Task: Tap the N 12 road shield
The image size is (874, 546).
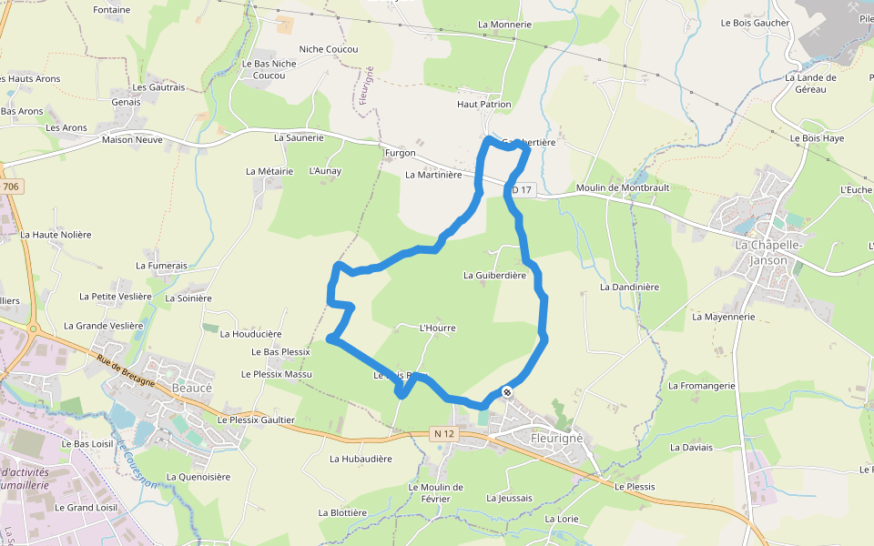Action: click(x=443, y=434)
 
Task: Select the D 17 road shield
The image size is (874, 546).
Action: click(x=521, y=190)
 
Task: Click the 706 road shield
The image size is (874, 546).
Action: click(x=10, y=187)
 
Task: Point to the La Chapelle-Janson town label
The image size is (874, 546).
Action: click(x=767, y=253)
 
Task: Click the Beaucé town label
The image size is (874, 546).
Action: click(x=191, y=387)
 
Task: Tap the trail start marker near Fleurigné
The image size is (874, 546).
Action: click(x=506, y=391)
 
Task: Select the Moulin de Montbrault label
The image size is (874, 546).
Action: click(x=623, y=187)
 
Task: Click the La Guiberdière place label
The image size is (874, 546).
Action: click(x=494, y=275)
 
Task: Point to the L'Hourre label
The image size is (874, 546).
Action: click(x=437, y=328)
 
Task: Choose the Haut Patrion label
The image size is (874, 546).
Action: click(x=483, y=105)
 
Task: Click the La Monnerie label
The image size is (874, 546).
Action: click(x=504, y=25)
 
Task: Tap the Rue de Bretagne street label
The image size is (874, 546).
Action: click(x=125, y=368)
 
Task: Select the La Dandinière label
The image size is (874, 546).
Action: click(x=629, y=287)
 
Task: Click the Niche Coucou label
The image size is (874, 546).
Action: click(x=329, y=49)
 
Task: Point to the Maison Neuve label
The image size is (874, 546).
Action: click(x=132, y=140)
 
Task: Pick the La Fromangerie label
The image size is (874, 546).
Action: click(x=702, y=386)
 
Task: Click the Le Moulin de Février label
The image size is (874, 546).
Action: click(x=435, y=492)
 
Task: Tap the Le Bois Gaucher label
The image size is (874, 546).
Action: click(x=755, y=23)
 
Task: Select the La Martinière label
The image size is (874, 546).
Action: click(x=433, y=175)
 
